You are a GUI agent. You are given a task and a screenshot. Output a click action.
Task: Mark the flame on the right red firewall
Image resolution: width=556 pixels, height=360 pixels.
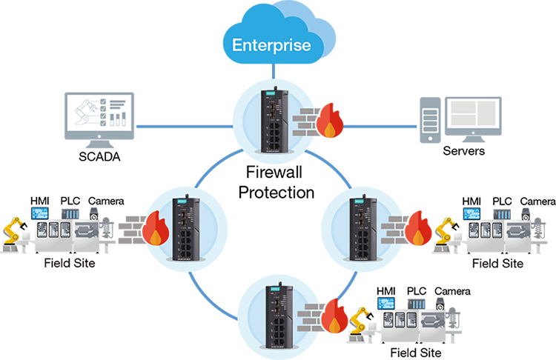pos(420,238)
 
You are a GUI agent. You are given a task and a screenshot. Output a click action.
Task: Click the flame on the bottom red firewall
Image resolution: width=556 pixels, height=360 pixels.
pos(334,326)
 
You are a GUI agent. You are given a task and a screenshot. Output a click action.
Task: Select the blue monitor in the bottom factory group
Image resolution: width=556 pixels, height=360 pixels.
pos(385,302)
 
